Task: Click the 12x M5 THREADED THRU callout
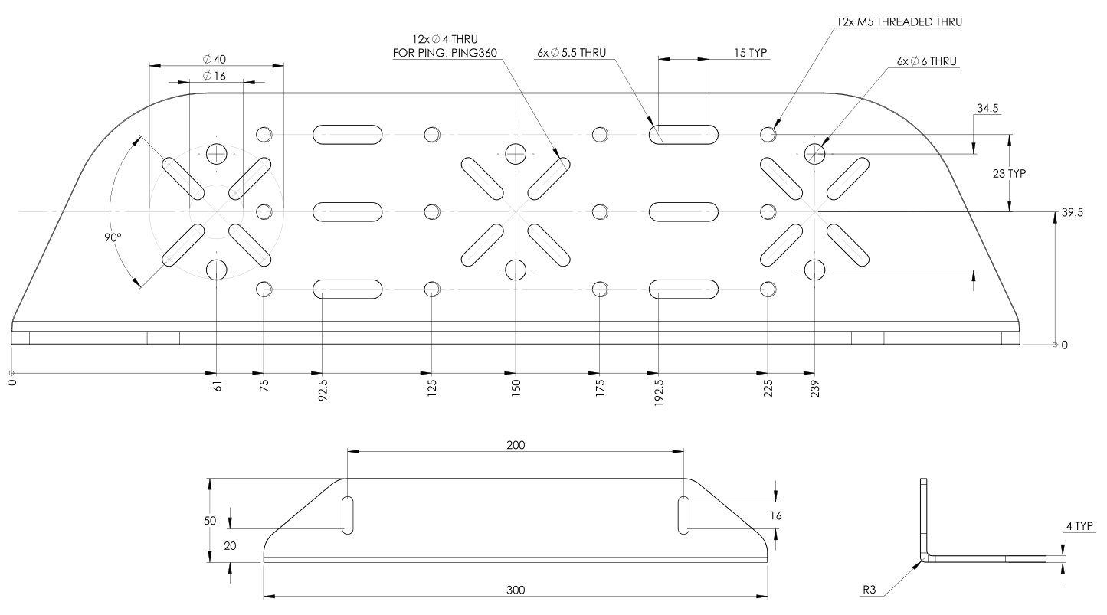pyautogui.click(x=897, y=21)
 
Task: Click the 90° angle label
pyautogui.click(x=113, y=237)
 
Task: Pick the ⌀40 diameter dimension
pyautogui.click(x=215, y=59)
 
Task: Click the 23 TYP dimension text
pyautogui.click(x=1027, y=173)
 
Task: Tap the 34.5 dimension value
pyautogui.click(x=987, y=109)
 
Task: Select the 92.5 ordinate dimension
pyautogui.click(x=323, y=388)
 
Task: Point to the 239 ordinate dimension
pyautogui.click(x=814, y=387)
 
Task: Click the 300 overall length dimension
pyautogui.click(x=516, y=590)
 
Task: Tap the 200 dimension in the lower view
pyautogui.click(x=516, y=445)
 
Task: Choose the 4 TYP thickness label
pyautogui.click(x=1082, y=526)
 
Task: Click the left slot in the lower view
pyautogui.click(x=348, y=515)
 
